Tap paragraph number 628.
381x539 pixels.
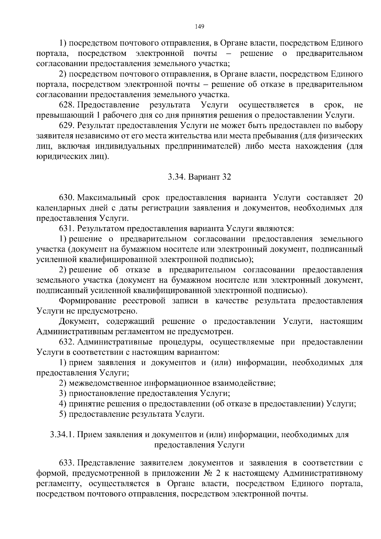(67, 105)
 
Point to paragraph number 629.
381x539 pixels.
(67, 125)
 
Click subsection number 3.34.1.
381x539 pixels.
(62, 435)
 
